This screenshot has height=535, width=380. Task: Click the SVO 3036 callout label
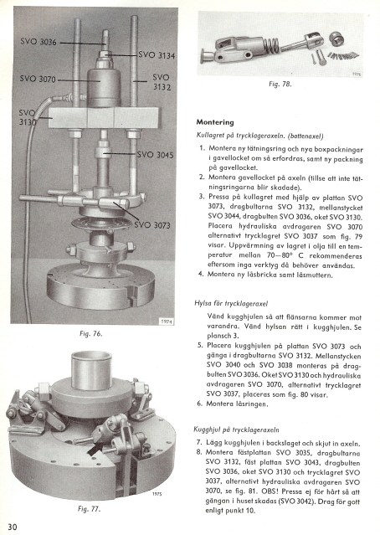[39, 42]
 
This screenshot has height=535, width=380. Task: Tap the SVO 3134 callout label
[157, 55]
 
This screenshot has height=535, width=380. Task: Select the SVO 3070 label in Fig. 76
[38, 79]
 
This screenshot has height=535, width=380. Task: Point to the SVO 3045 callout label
[155, 155]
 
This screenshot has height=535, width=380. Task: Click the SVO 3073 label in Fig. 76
[152, 225]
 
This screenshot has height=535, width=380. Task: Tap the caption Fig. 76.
[90, 334]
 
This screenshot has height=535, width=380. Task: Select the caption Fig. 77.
[89, 509]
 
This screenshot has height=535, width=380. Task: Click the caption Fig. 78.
[280, 84]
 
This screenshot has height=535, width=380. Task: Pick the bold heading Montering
[215, 122]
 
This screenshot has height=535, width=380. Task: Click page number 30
[12, 527]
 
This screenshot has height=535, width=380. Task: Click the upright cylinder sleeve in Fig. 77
[91, 371]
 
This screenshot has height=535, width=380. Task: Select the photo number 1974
[167, 321]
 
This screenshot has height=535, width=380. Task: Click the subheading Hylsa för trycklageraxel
[231, 303]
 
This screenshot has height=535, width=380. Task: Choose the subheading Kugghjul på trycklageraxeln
[236, 430]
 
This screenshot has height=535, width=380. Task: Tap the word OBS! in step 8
[270, 492]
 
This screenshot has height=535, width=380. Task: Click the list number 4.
[202, 274]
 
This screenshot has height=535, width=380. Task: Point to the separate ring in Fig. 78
[336, 39]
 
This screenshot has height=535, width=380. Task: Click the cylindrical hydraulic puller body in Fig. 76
[103, 86]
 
